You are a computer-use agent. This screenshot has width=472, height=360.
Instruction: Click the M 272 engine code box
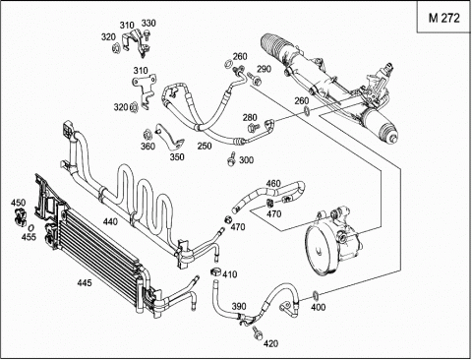[444, 17]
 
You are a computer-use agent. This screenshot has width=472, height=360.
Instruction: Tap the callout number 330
[148, 24]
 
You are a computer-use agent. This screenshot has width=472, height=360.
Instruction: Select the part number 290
[264, 69]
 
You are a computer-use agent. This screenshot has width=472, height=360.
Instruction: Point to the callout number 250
[205, 146]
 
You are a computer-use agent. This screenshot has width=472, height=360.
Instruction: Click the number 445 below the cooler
[85, 282]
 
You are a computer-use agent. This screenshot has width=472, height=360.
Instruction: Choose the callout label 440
[110, 222]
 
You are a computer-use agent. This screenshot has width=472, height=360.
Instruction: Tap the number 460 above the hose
[273, 183]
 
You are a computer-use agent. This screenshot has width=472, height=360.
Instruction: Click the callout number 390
[239, 306]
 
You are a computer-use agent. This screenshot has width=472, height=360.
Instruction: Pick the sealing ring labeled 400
[316, 296]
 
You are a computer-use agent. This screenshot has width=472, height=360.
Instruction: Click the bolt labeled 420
[258, 332]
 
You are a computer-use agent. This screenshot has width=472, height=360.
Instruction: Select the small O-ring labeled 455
[31, 227]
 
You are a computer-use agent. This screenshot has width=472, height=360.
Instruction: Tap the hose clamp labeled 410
[215, 271]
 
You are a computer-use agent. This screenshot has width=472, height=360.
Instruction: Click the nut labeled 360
[147, 135]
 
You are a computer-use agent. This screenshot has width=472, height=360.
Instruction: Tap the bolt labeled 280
[253, 127]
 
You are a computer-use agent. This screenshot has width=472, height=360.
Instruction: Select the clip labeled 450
[20, 216]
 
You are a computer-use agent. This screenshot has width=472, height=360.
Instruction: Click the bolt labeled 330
[147, 35]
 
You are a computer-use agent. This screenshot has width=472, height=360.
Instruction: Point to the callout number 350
[177, 157]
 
